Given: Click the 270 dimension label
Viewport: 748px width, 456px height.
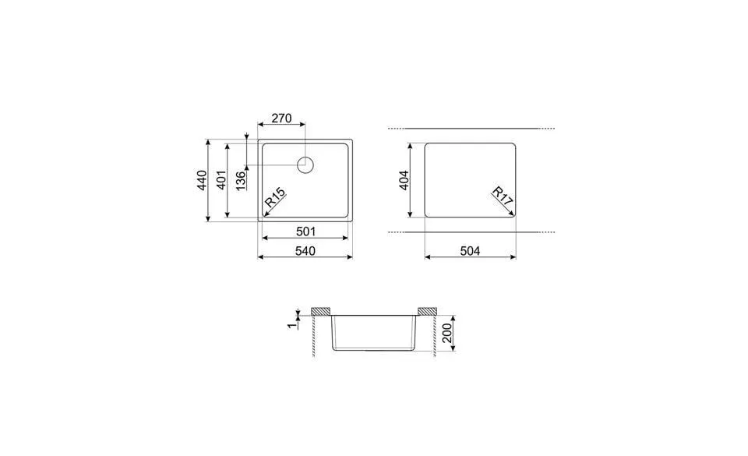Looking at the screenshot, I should click(280, 119).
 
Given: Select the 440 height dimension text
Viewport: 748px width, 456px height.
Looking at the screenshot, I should click(201, 180).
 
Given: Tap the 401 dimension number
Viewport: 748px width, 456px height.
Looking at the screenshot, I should click(221, 180).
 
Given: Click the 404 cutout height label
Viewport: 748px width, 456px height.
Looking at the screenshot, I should click(404, 181).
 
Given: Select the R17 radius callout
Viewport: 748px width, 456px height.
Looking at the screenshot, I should click(503, 196).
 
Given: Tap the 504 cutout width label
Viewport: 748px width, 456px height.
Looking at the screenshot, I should click(469, 250).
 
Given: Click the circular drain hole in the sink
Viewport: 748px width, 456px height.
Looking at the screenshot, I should click(305, 164).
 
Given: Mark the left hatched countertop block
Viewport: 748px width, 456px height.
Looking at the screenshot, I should click(321, 312).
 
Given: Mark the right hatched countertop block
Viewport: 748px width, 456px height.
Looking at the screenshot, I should click(427, 312).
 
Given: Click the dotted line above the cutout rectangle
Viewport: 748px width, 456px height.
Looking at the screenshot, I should click(471, 128).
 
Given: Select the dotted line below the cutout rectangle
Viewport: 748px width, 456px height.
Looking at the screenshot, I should click(471, 232).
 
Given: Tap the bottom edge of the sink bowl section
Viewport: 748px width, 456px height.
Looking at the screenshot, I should click(374, 349).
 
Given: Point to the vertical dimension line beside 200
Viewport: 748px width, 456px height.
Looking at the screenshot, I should click(453, 334).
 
